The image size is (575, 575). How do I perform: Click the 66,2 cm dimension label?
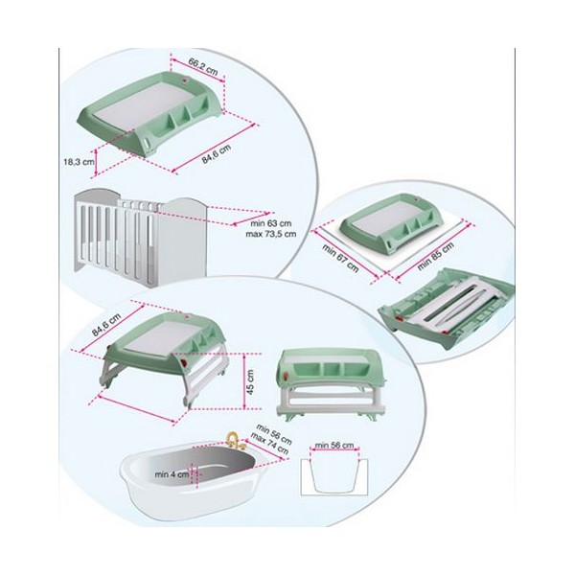point(203,67)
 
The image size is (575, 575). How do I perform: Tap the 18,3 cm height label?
point(79,161)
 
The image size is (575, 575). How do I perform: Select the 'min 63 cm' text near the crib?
point(270,223)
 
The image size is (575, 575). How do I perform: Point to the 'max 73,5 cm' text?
point(270,234)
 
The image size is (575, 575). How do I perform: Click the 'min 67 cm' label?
point(340,258)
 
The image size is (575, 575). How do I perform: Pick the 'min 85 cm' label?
point(436,256)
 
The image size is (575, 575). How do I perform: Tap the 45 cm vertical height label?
point(251,381)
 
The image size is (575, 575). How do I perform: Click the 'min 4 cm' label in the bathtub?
point(172,474)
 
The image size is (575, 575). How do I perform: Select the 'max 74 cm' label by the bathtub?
point(269,444)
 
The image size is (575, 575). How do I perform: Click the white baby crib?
point(141,237)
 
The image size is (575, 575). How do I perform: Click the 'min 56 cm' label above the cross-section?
point(334,446)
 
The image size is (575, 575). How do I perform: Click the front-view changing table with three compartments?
point(331,384)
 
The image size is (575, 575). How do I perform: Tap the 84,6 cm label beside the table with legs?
point(106,325)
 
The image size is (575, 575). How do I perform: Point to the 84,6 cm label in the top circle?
point(217,154)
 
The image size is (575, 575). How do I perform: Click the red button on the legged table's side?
point(183,362)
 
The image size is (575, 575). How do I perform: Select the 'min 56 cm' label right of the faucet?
point(274,434)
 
